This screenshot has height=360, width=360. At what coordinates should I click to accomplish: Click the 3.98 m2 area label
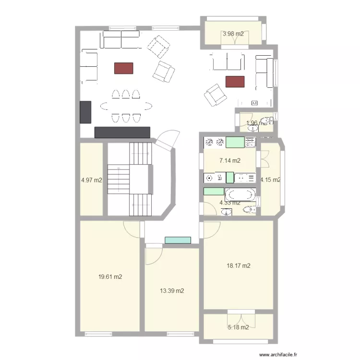(233, 34)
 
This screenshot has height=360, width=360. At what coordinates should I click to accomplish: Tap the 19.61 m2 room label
(109, 277)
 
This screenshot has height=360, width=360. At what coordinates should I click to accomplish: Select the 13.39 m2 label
(172, 291)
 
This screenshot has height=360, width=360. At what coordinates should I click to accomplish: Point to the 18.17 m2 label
(239, 265)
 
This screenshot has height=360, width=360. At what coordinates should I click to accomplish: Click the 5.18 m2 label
(238, 327)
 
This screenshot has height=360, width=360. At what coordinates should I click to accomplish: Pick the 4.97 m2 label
(92, 180)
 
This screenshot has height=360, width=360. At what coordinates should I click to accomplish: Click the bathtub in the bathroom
(240, 194)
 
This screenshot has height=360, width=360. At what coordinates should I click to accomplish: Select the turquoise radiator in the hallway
(178, 240)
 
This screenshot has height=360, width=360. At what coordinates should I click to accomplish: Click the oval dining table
(126, 106)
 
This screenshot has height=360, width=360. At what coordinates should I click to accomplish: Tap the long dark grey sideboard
(122, 132)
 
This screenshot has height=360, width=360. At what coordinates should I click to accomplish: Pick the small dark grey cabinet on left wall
(85, 112)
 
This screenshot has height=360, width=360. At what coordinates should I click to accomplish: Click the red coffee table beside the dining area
(123, 68)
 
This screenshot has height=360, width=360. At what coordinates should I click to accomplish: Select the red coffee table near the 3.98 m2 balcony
(235, 82)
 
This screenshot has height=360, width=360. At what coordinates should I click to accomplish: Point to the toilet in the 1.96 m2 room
(265, 121)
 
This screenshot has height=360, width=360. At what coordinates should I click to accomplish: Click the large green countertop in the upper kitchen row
(235, 142)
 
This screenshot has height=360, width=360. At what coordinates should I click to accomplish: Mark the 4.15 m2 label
(270, 180)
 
